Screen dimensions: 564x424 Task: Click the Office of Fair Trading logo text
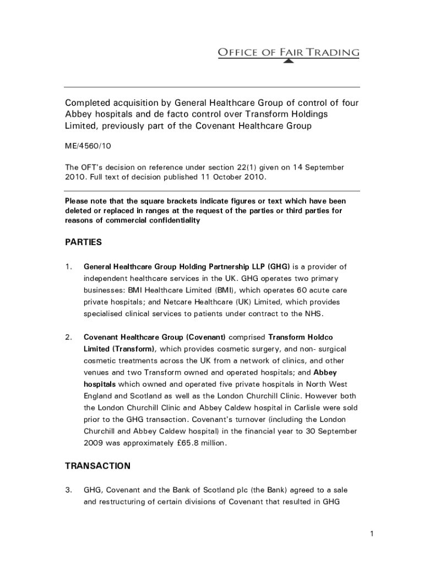(289, 53)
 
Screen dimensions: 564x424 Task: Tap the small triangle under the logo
(289, 62)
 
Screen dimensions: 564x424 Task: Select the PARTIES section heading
(83, 242)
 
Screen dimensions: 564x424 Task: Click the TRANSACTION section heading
(97, 466)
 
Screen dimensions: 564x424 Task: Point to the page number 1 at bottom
(372, 533)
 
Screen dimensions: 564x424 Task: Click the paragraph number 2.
(68, 337)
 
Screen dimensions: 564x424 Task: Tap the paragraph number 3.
(68, 490)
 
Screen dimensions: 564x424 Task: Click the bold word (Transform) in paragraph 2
(134, 349)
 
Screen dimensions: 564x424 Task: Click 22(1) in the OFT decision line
(253, 167)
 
